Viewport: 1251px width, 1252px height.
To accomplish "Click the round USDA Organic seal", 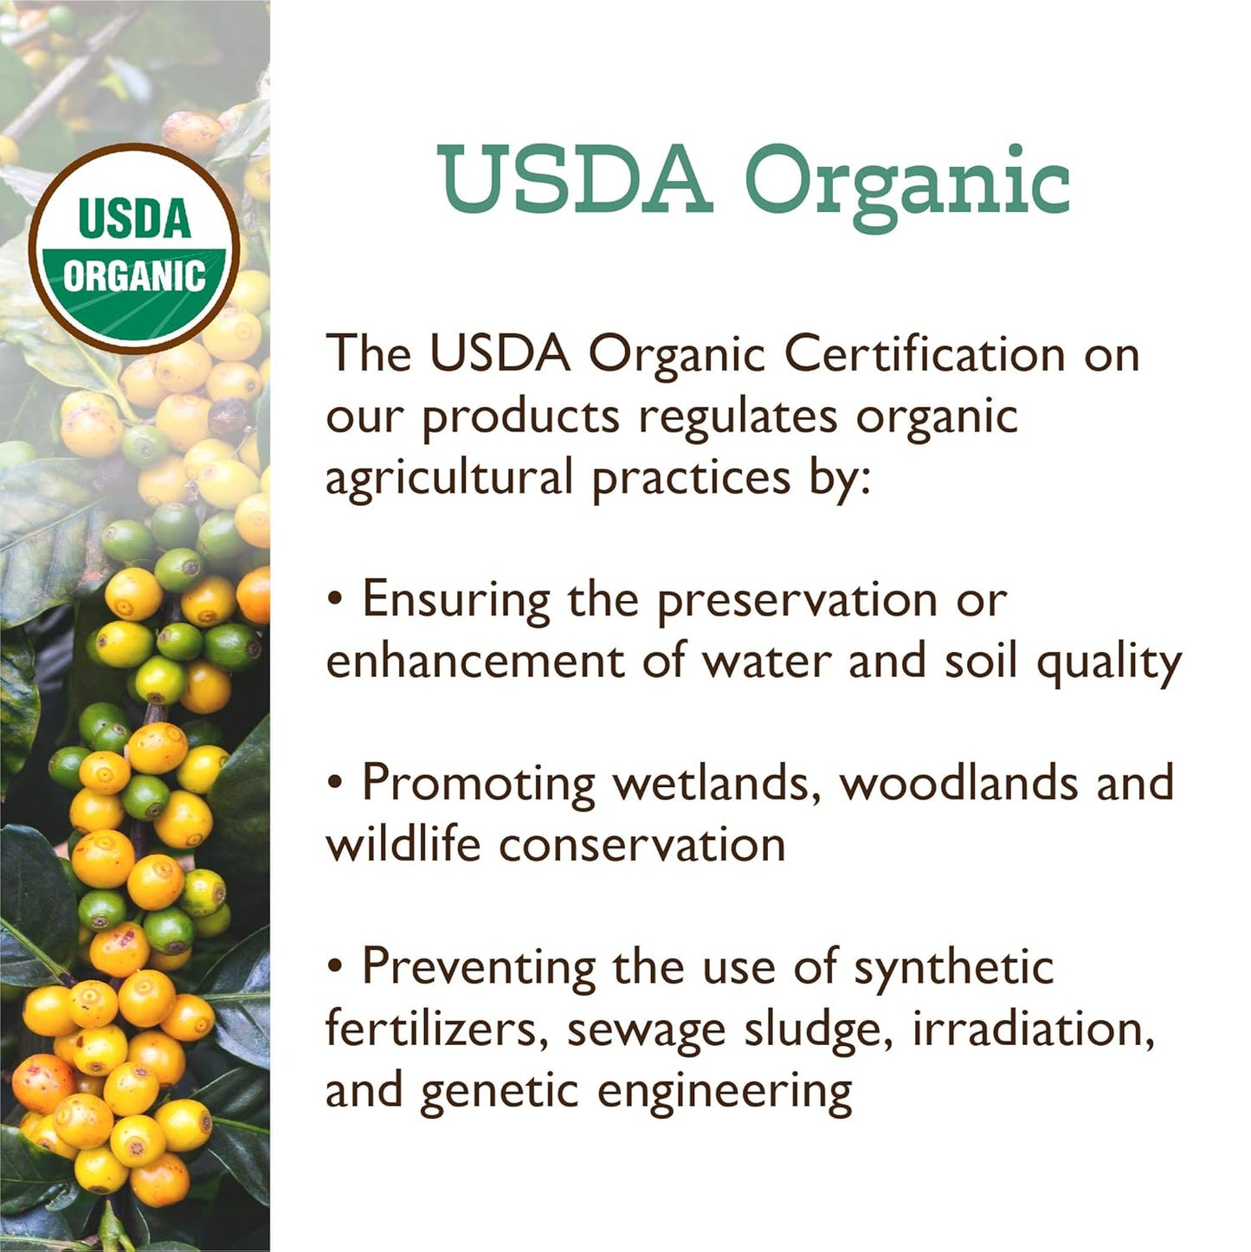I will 134,248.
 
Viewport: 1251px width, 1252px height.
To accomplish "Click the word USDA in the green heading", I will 574,181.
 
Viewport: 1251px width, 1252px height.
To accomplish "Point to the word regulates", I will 738,416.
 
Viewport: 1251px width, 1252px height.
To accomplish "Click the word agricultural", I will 449,478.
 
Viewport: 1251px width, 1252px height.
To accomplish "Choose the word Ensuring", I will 456,600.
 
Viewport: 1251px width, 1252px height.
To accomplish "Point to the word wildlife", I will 403,844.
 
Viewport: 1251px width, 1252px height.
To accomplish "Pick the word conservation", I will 642,845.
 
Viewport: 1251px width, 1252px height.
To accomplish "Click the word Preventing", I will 479,967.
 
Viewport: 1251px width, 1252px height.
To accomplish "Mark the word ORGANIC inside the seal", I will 134,277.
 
